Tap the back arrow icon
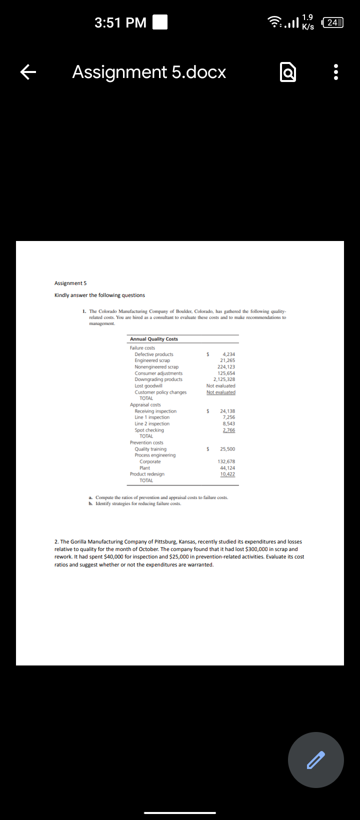point(28,72)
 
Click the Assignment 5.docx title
point(149,72)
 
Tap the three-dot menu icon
point(336,72)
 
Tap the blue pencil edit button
point(315,759)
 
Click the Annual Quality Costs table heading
point(153,339)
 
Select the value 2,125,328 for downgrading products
point(224,379)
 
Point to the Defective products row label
point(154,354)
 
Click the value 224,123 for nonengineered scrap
point(226,367)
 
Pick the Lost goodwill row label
point(148,386)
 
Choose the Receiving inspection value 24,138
point(227,411)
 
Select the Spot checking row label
point(149,430)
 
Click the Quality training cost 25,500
point(227,449)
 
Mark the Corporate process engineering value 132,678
point(226,461)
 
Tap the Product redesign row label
point(147,474)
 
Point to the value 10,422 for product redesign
point(227,474)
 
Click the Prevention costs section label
point(146,442)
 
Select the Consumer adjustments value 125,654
point(226,373)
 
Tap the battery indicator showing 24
point(333,22)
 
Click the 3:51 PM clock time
point(120,22)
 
